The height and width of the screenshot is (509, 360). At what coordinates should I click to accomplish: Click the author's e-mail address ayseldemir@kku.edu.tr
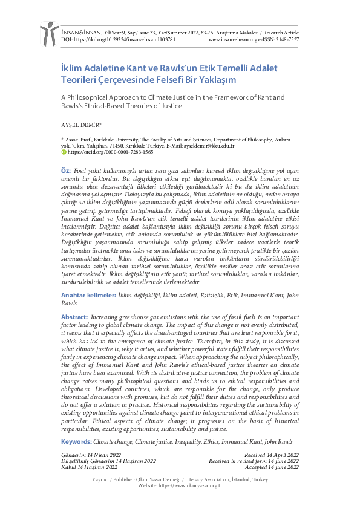[x=208, y=146]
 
